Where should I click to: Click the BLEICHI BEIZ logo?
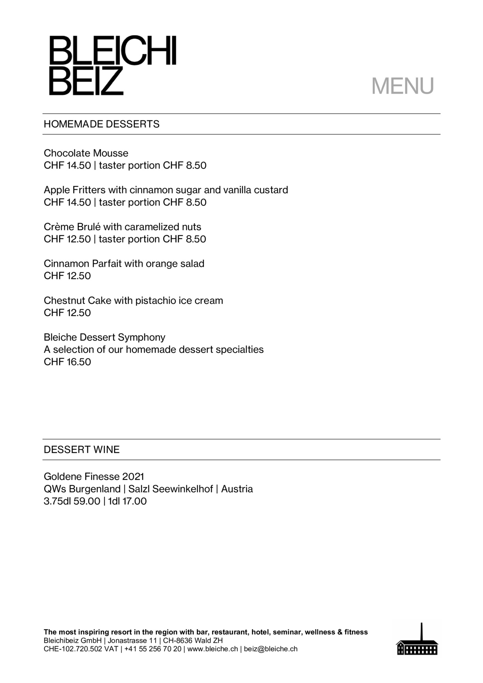point(112,65)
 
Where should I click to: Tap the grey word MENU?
point(402,86)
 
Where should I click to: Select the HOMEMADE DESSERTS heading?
point(102,124)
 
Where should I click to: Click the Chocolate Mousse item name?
point(86,153)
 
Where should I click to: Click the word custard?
point(271,190)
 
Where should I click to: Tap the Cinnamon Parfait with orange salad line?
point(124,264)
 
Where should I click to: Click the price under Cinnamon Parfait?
point(67,276)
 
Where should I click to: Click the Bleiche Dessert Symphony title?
point(104,337)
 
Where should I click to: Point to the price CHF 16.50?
point(67,362)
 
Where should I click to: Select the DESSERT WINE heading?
point(81,449)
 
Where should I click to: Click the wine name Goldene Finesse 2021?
point(94,476)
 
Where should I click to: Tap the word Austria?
point(237,489)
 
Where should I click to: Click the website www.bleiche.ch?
point(213,649)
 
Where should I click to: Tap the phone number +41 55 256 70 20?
point(153,649)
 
